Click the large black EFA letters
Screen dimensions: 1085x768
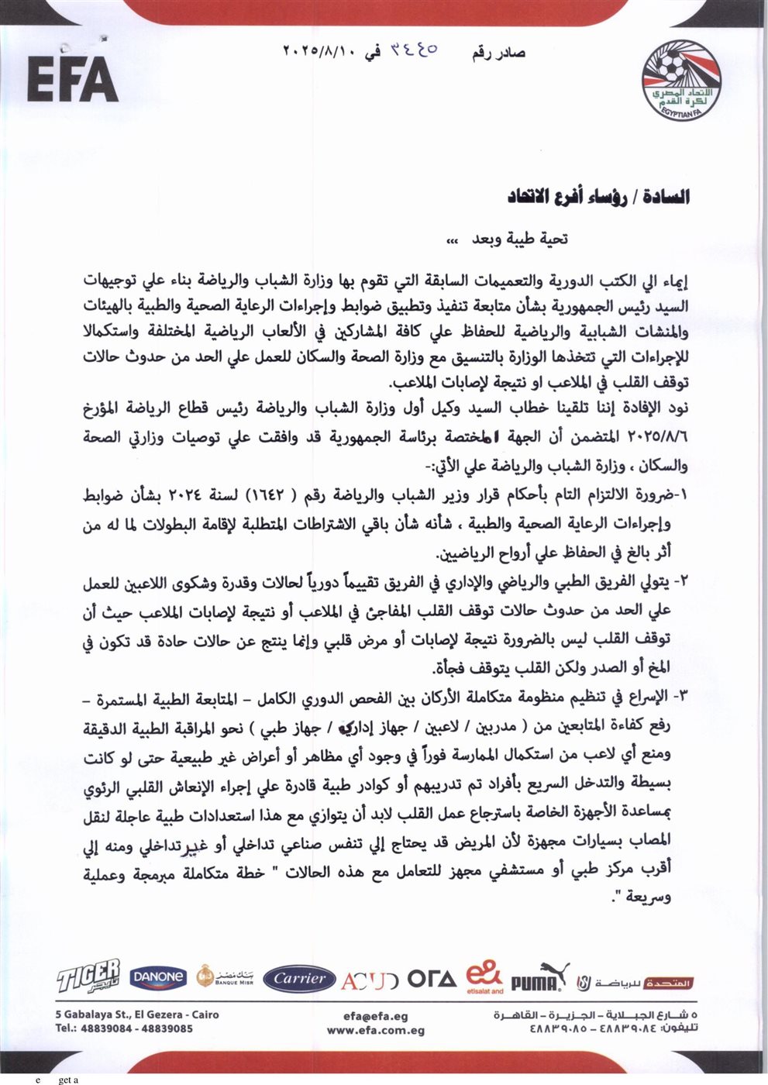coord(72,79)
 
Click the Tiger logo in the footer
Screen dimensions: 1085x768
coord(88,976)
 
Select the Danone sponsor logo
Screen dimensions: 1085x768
coord(157,978)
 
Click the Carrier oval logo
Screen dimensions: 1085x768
coord(299,979)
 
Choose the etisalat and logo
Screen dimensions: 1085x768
coord(485,977)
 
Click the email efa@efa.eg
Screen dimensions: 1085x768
coord(375,1017)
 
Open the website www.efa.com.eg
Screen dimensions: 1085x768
coord(375,1031)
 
